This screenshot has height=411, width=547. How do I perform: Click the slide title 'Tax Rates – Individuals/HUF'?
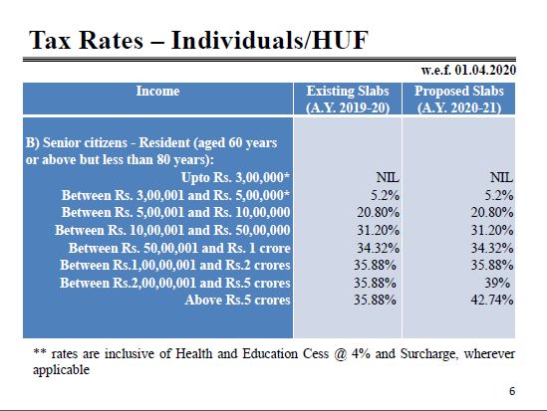pyautogui.click(x=198, y=41)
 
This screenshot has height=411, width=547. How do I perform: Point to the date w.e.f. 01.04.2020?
pyautogui.click(x=468, y=70)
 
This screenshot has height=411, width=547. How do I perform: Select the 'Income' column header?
pyautogui.click(x=157, y=91)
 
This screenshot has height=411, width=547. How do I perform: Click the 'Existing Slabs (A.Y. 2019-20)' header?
pyautogui.click(x=348, y=100)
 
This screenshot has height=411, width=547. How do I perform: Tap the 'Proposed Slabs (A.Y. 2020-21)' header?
pyautogui.click(x=459, y=100)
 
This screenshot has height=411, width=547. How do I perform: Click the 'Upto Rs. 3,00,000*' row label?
pyautogui.click(x=235, y=177)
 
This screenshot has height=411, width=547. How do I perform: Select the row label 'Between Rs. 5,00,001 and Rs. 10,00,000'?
pyautogui.click(x=175, y=212)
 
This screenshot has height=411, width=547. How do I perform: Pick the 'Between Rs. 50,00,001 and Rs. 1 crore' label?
pyautogui.click(x=179, y=248)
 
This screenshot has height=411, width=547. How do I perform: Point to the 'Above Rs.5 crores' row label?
pyautogui.click(x=237, y=300)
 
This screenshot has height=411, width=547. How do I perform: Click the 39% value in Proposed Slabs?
pyautogui.click(x=497, y=283)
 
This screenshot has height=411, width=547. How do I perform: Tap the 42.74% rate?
pyautogui.click(x=492, y=300)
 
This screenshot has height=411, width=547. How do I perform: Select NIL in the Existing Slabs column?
pyautogui.click(x=388, y=177)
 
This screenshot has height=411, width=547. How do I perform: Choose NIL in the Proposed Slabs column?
pyautogui.click(x=501, y=177)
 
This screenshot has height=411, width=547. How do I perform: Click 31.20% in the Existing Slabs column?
pyautogui.click(x=378, y=230)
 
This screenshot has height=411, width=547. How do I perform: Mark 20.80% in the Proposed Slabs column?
pyautogui.click(x=492, y=212)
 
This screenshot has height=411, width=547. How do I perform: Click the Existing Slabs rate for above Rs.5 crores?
pyautogui.click(x=375, y=300)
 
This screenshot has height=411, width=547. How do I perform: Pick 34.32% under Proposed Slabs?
pyautogui.click(x=492, y=248)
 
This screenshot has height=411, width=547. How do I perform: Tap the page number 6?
pyautogui.click(x=512, y=391)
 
